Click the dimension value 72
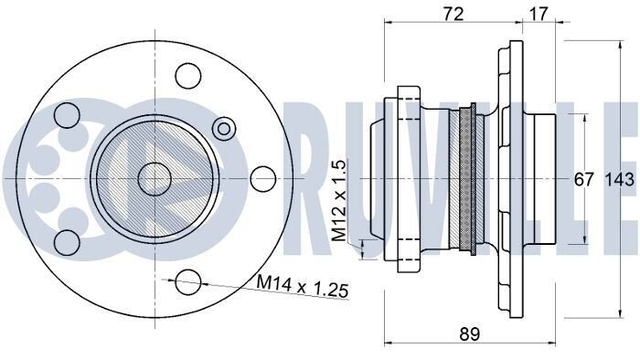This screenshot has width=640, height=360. pos(453,14)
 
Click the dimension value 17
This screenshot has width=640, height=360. pos(539,14)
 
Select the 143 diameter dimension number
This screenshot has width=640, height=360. pos(619,179)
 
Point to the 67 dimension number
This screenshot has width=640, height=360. pos(583,179)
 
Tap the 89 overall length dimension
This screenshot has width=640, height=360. pos(469,334)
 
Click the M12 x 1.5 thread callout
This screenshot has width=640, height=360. pos(339,200)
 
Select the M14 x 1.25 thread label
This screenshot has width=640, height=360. pos(303,285)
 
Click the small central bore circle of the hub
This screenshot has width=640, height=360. pos(155,179)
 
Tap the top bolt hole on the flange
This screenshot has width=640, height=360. pos(188,76)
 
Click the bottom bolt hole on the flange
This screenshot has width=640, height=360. pos(188,281)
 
